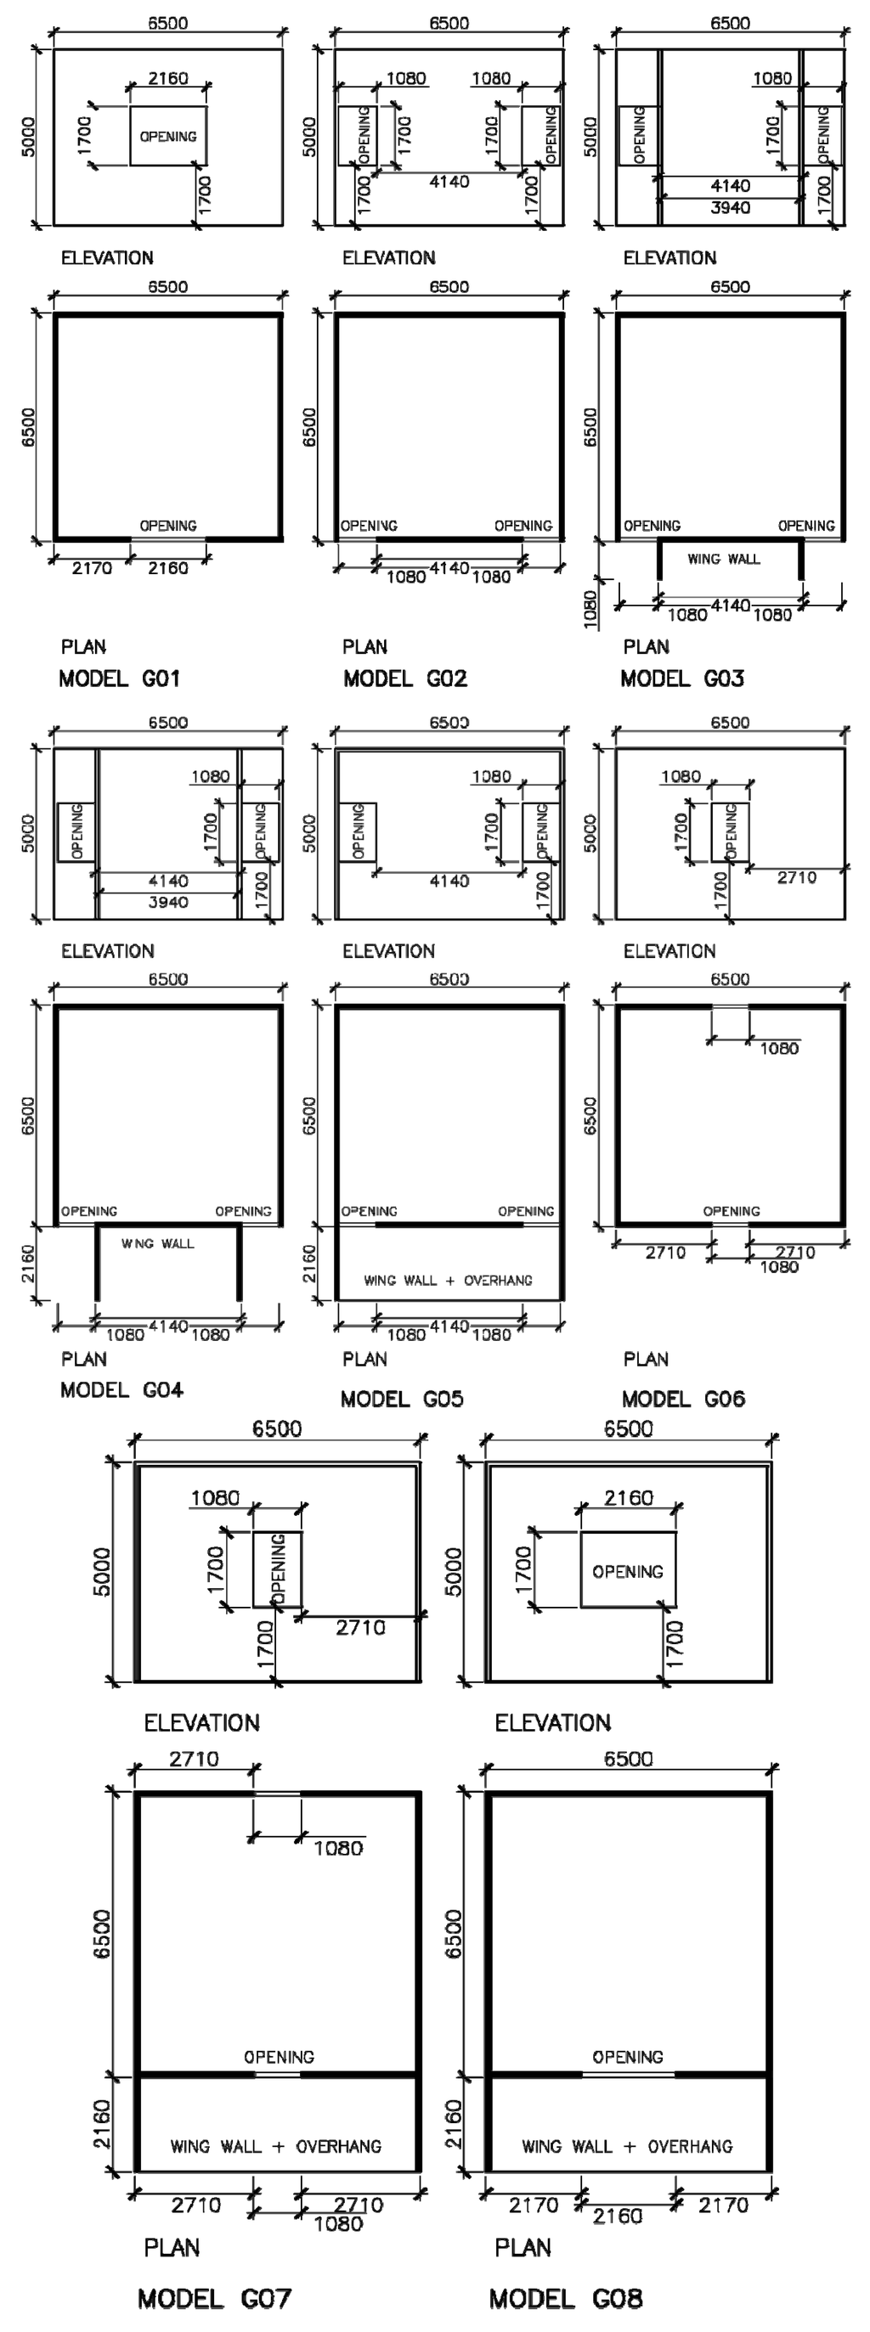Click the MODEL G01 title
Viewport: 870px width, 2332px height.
click(x=120, y=678)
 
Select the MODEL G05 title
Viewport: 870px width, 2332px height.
click(x=401, y=1399)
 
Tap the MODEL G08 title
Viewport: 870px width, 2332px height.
click(x=566, y=2297)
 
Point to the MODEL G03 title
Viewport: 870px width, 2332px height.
click(x=681, y=678)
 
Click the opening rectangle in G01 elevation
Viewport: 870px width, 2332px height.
click(x=167, y=136)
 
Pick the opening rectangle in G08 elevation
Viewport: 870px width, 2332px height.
click(x=627, y=1570)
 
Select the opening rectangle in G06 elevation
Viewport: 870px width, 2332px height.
click(x=730, y=831)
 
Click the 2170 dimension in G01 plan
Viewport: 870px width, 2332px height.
click(x=92, y=567)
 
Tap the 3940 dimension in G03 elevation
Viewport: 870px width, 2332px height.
click(x=730, y=207)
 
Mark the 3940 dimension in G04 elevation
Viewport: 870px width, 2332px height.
click(x=167, y=902)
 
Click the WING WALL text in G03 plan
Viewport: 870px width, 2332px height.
click(x=723, y=559)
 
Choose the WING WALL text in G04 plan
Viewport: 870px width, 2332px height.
click(x=157, y=1244)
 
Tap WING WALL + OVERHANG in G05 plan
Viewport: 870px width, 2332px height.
click(x=448, y=1280)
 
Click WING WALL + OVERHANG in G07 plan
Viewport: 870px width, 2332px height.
click(x=275, y=2145)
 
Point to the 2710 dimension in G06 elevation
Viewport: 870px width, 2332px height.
click(x=797, y=876)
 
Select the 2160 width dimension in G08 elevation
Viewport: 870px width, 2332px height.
click(x=628, y=1497)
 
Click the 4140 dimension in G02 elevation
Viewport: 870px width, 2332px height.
click(x=449, y=182)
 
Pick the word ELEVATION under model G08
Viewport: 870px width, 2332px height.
click(x=552, y=1722)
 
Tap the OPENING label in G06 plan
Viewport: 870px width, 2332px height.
click(x=732, y=1210)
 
